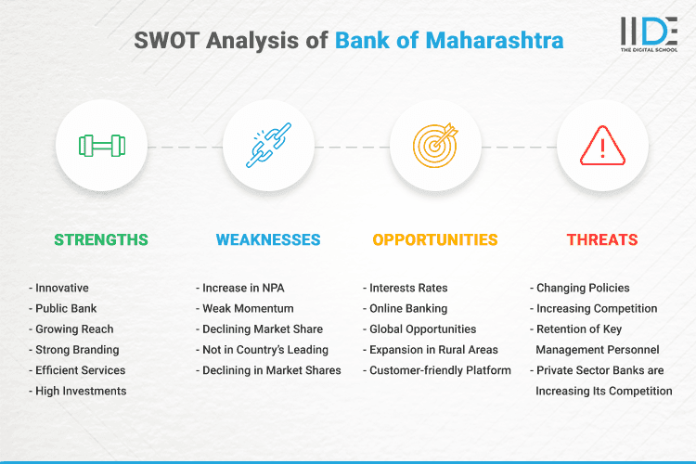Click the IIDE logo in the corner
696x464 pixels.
pyautogui.click(x=646, y=34)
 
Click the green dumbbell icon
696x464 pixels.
pyautogui.click(x=101, y=146)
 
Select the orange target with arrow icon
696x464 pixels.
pyautogui.click(x=435, y=146)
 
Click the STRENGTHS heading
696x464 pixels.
pyautogui.click(x=101, y=239)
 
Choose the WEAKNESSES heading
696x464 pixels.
pyautogui.click(x=268, y=239)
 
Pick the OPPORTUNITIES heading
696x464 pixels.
pyautogui.click(x=435, y=239)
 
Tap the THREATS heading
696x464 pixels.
pyautogui.click(x=602, y=239)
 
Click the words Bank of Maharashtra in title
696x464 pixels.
pyautogui.click(x=449, y=41)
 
